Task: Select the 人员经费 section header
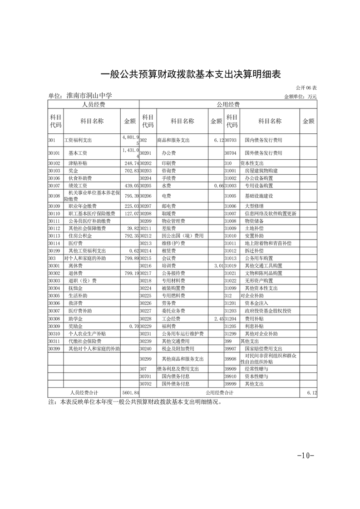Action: coord(93,105)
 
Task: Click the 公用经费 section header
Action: coord(228,105)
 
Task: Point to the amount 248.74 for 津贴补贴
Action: coord(130,163)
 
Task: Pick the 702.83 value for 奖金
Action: coord(130,171)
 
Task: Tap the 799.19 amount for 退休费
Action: coord(130,274)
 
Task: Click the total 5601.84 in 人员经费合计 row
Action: coord(130,392)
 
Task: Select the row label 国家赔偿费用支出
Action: coord(266,349)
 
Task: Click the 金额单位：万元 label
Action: coord(300,97)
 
